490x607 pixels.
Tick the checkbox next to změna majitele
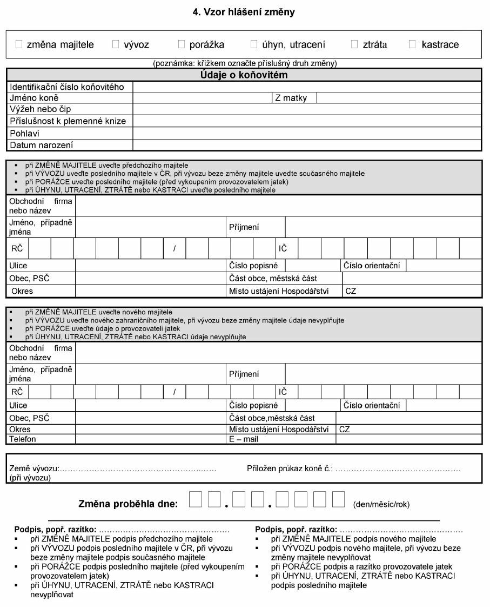19,44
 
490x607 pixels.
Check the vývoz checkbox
116,44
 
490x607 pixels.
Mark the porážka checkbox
181,44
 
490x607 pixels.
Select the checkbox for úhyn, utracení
254,44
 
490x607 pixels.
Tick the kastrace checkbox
413,44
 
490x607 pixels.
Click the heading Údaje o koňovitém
244,75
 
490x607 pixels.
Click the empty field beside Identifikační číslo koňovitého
307,87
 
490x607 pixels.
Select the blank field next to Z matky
398,98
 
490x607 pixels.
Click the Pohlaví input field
307,133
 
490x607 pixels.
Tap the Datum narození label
42,145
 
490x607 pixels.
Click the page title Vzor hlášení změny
244,12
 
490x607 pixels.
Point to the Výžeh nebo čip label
41,109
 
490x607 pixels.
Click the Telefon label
23,439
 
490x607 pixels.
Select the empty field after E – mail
408,439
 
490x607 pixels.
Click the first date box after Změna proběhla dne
196,498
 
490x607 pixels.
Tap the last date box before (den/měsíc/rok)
338,498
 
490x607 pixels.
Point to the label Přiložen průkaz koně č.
290,469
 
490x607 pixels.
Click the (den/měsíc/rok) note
381,504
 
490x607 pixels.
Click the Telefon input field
150,439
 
